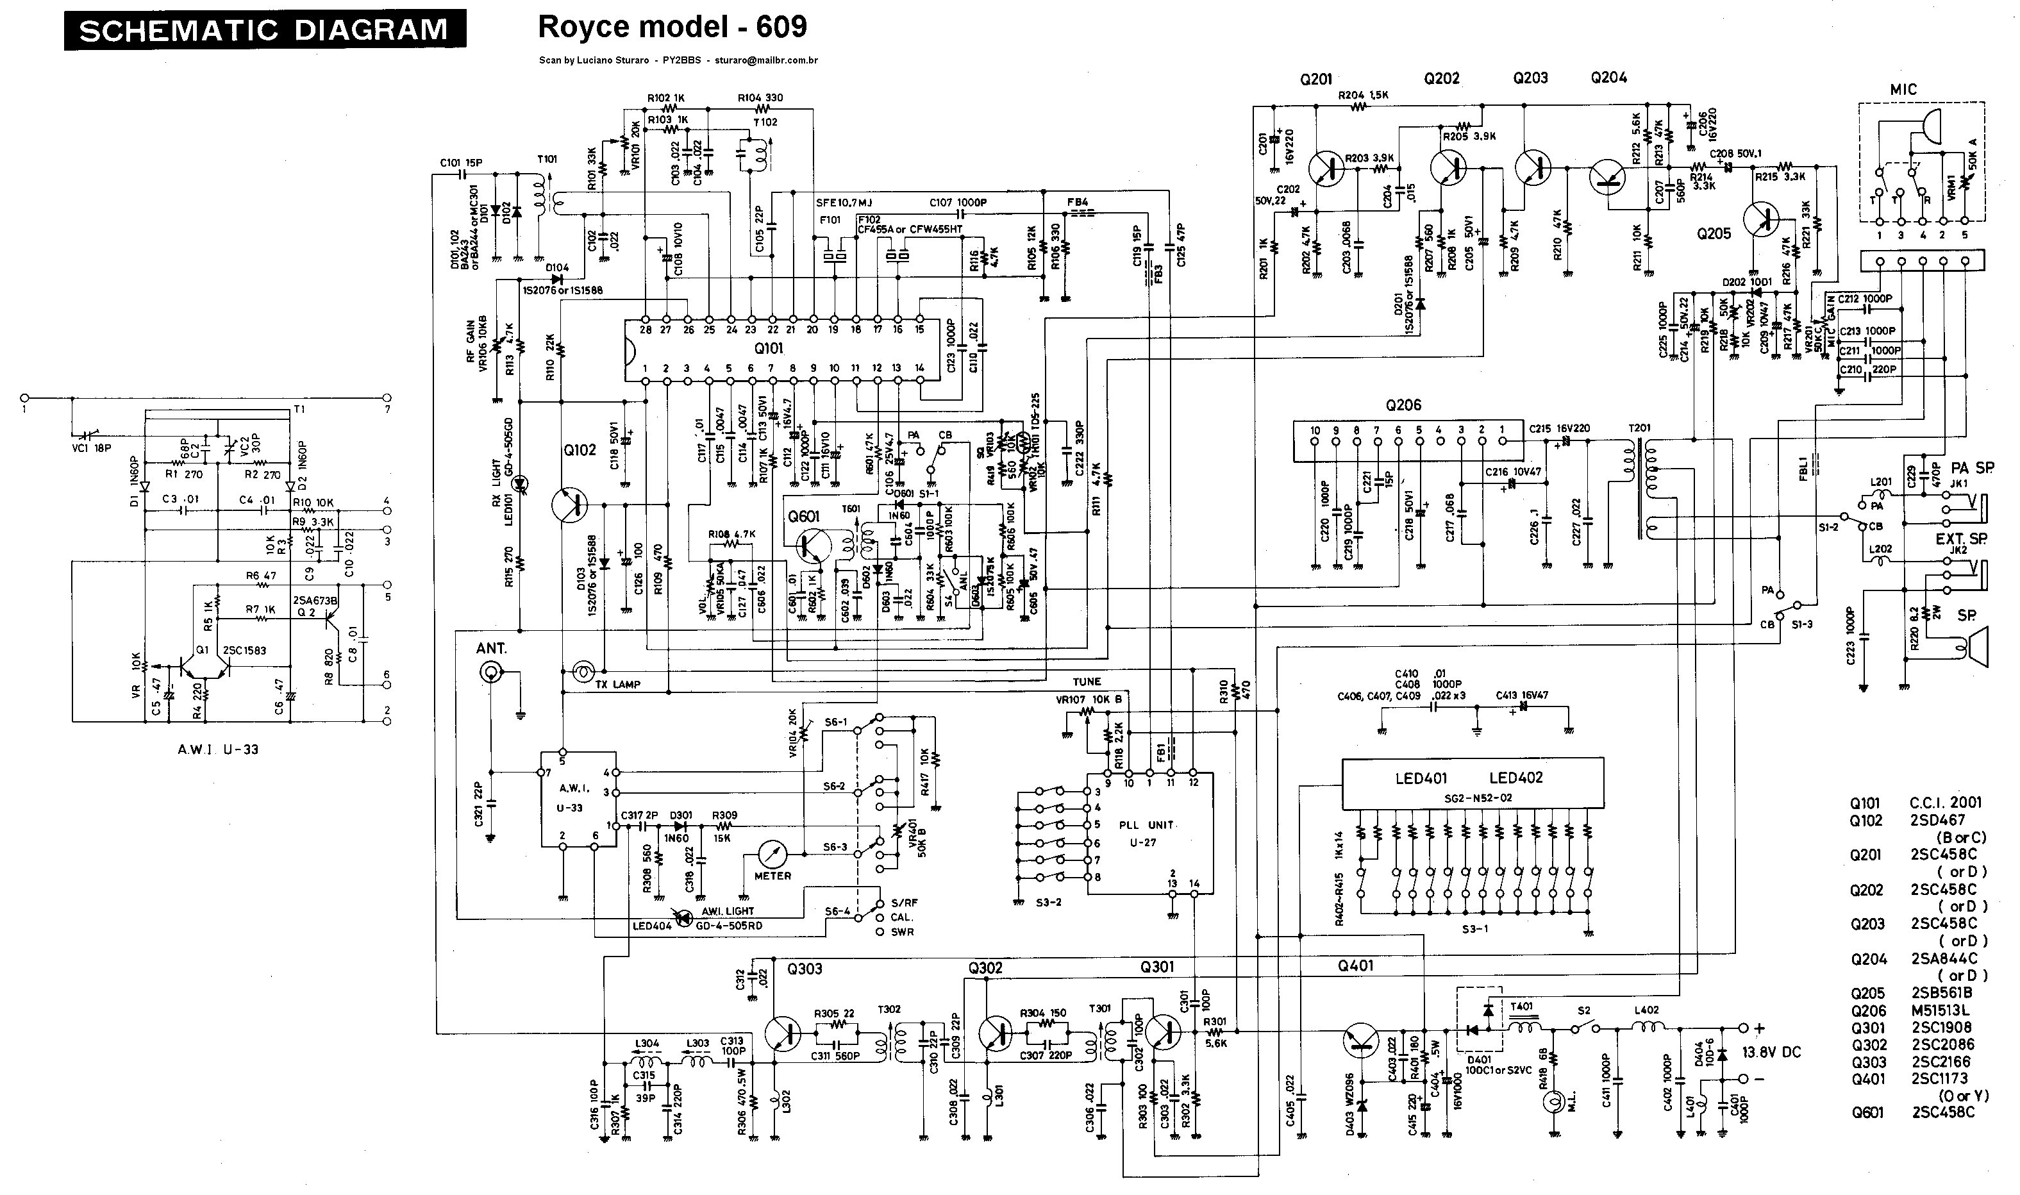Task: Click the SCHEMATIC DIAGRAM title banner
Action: pyautogui.click(x=264, y=29)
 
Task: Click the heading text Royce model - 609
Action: pyautogui.click(x=672, y=26)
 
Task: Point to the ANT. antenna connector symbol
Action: pyautogui.click(x=488, y=673)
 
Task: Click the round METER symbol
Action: pyautogui.click(x=771, y=853)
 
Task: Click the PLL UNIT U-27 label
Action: pyautogui.click(x=1146, y=833)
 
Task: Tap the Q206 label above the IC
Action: pyautogui.click(x=1403, y=405)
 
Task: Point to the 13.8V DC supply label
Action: pyautogui.click(x=1771, y=1053)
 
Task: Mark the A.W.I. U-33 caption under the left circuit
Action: pyautogui.click(x=218, y=749)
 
